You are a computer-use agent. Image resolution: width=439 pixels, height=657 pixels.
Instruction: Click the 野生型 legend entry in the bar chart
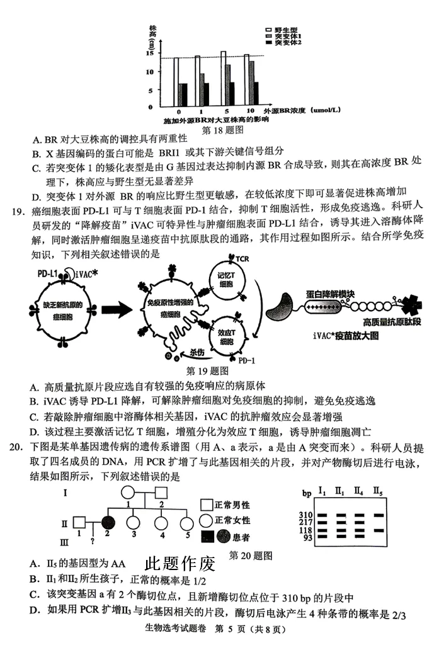(x=283, y=30)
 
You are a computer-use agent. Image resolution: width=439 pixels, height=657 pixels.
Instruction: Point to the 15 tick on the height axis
(x=149, y=53)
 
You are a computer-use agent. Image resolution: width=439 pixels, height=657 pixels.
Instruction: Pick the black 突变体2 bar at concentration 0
(x=184, y=94)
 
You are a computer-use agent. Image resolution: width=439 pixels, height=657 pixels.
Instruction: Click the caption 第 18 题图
(x=221, y=130)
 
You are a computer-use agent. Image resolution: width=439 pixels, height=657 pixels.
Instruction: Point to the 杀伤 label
(x=197, y=353)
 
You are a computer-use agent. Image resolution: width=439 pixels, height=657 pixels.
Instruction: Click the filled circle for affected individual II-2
(x=108, y=522)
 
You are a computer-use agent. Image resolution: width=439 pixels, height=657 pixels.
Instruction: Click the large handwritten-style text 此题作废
(x=180, y=563)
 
